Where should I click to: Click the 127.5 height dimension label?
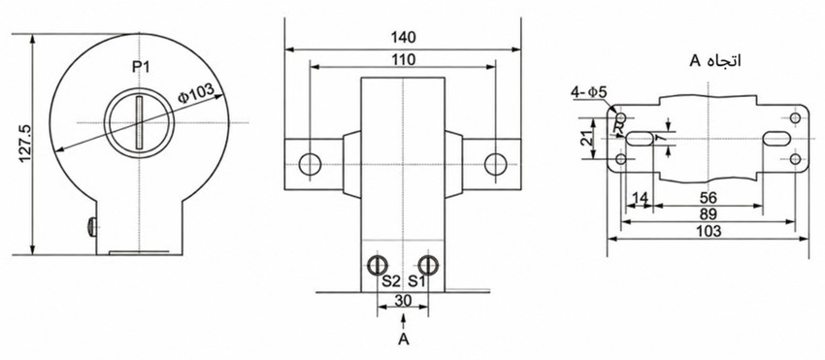tap(26, 144)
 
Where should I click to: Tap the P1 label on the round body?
tap(140, 67)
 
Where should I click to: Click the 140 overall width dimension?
tap(403, 38)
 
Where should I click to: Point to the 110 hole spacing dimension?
tap(403, 59)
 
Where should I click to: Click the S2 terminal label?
tap(391, 281)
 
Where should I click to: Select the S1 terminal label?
tap(416, 281)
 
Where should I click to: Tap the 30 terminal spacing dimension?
tap(403, 301)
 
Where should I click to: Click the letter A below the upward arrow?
tap(403, 340)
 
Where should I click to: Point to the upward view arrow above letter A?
tap(403, 322)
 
